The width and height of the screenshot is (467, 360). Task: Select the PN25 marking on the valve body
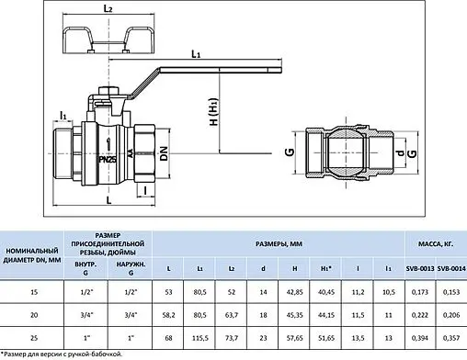coord(108,159)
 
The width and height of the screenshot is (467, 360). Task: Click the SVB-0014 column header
coord(450,267)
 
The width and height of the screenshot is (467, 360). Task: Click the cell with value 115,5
coord(199,339)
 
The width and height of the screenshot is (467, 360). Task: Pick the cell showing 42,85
coord(294,291)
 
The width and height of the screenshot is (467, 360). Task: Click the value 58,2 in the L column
coord(167,315)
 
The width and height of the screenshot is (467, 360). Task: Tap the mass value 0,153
coord(450,291)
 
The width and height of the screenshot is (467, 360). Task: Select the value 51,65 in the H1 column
coord(325,339)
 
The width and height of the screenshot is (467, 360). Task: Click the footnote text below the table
coord(64,354)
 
